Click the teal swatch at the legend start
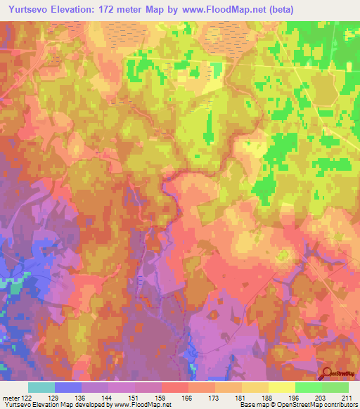pos(41,387)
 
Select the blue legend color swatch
pos(67,387)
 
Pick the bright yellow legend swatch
pos(281,387)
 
